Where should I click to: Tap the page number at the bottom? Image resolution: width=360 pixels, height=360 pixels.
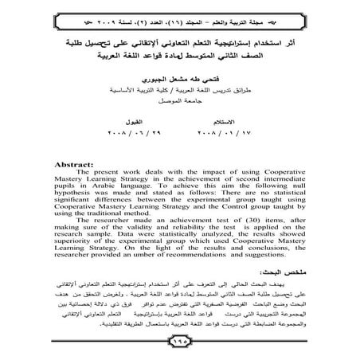(x=179, y=343)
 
